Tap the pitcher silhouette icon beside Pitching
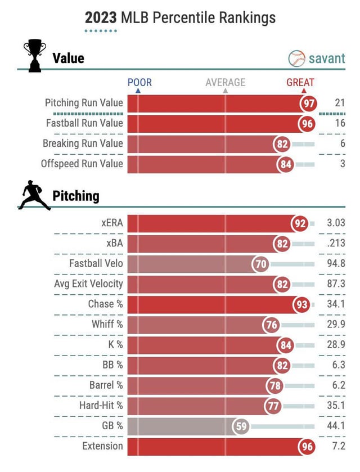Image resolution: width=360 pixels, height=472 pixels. point(34,196)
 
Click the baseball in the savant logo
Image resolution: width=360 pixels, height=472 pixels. point(296,59)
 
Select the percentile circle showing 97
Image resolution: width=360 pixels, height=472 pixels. point(308,103)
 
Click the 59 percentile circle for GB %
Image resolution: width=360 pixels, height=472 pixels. point(241,426)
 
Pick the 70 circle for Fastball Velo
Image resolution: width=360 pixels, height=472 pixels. point(261,263)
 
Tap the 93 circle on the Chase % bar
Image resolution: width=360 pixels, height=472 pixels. point(302,304)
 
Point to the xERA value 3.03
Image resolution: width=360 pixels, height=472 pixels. point(335,223)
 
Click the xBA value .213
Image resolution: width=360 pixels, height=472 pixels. point(336,243)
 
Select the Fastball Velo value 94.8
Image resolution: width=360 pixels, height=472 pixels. point(336,263)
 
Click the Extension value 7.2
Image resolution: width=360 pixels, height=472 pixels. point(339,446)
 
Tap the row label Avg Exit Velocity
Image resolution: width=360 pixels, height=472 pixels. point(88,284)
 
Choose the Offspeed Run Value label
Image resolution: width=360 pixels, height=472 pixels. point(82,164)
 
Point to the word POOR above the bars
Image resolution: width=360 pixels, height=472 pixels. point(139,82)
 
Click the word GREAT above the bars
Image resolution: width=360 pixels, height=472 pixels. point(300,82)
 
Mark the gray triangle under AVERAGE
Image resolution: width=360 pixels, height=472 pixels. point(226,90)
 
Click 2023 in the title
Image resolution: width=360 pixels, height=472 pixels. point(101,17)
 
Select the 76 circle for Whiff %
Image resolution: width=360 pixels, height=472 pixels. point(271,325)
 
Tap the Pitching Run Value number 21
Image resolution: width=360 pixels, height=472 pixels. point(339,102)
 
